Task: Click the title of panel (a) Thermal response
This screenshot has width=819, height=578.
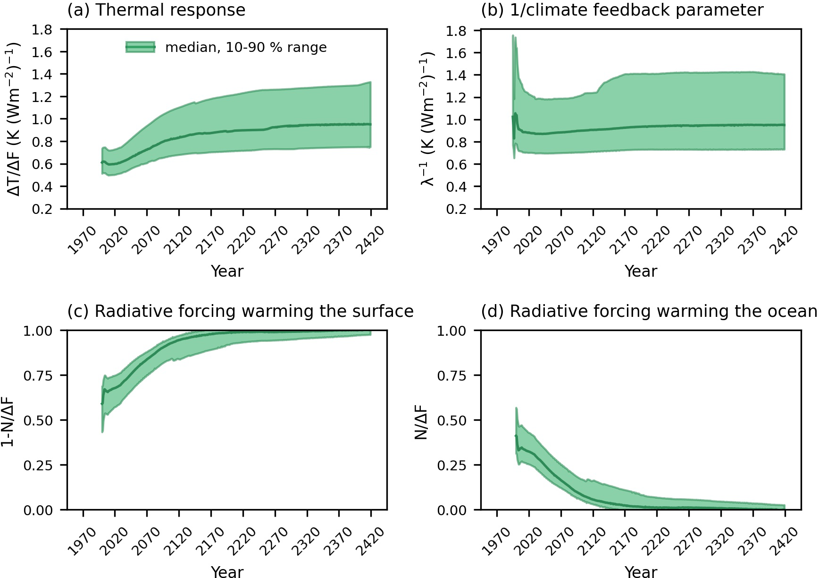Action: (x=156, y=10)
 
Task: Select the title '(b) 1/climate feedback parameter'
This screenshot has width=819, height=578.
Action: (x=622, y=10)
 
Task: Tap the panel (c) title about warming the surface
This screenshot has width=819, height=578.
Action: (x=240, y=312)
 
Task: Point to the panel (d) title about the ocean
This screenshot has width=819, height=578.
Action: (x=649, y=312)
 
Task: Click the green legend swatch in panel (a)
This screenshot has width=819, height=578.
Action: (x=140, y=47)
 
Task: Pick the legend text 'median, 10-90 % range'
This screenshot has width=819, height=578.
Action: (x=246, y=47)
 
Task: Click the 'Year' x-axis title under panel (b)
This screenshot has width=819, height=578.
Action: (x=640, y=271)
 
